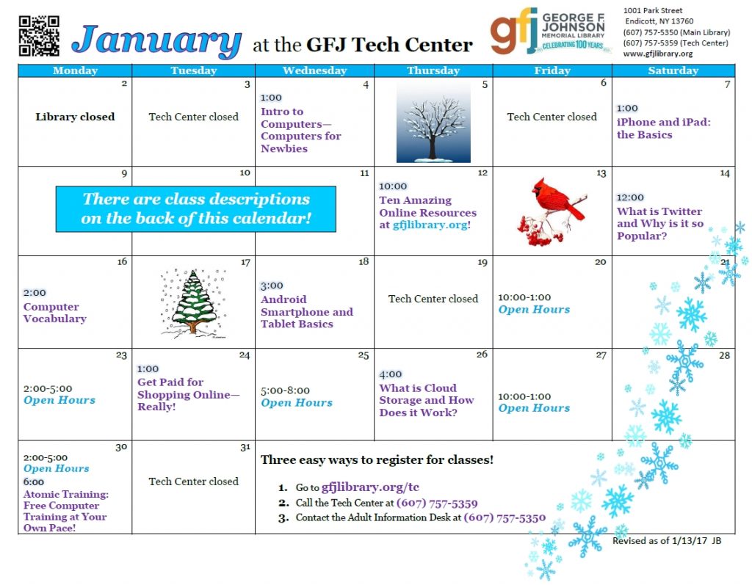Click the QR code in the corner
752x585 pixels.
point(39,36)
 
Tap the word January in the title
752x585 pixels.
point(156,41)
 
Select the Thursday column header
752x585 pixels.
point(433,70)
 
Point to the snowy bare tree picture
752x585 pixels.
point(433,122)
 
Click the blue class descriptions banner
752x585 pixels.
point(195,209)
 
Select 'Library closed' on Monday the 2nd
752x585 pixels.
point(75,117)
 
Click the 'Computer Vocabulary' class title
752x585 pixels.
point(55,313)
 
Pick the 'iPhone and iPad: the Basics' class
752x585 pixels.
point(664,128)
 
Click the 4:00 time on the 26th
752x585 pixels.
point(391,374)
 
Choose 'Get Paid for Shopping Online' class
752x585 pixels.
point(189,394)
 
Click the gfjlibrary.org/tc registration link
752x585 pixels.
point(370,487)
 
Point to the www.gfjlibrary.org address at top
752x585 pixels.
point(658,54)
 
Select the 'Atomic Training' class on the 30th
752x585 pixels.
point(66,511)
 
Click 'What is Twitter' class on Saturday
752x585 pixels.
point(659,223)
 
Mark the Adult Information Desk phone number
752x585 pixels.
point(505,517)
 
